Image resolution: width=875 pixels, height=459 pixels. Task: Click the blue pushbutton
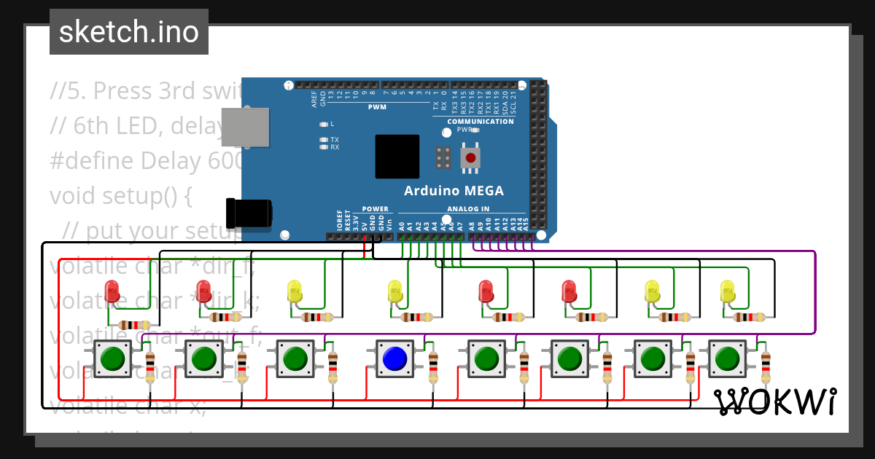(394, 358)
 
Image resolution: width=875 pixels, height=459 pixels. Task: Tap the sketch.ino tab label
(129, 32)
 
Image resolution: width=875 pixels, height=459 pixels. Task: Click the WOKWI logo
(774, 401)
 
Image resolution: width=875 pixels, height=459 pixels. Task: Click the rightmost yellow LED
(728, 291)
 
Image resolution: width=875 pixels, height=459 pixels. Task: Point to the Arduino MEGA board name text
(454, 191)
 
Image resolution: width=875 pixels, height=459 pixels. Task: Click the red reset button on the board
(471, 157)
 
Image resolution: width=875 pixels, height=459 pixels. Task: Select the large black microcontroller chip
(397, 157)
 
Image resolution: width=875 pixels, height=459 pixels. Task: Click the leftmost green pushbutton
(112, 358)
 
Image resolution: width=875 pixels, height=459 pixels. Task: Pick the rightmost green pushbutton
(727, 358)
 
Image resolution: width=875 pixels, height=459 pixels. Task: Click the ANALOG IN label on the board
(468, 209)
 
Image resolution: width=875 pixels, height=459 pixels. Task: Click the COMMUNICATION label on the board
(481, 122)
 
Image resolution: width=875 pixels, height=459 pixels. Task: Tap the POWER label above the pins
(376, 209)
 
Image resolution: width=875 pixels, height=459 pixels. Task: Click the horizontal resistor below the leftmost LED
(134, 325)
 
